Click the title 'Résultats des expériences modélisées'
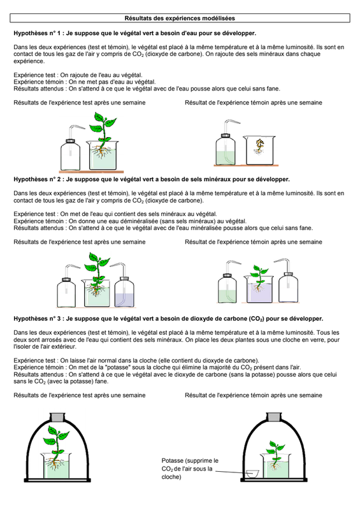coord(180,18)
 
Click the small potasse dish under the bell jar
coord(252,474)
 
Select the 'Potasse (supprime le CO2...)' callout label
coord(190,469)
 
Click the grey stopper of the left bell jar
coord(58,418)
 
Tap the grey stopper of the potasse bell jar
coord(274,418)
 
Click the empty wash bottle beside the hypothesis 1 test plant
coord(71,150)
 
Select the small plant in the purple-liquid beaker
coord(259,278)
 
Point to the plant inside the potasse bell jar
coord(275,453)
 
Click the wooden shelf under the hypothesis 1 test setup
coord(91,171)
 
